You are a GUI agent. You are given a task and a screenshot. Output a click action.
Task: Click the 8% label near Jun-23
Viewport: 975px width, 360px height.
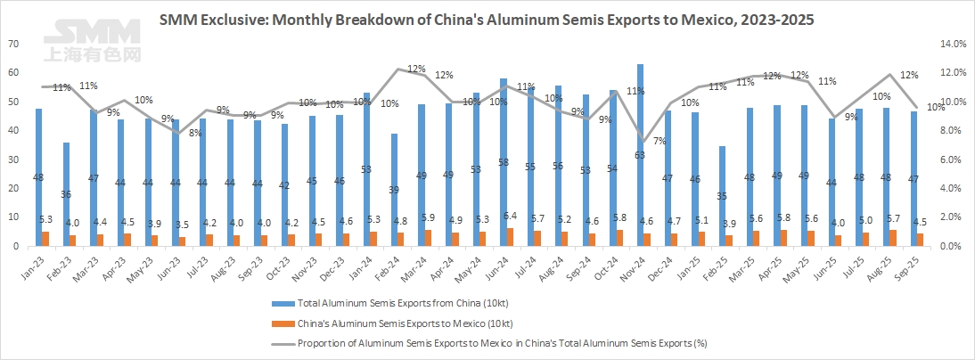tap(193, 133)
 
